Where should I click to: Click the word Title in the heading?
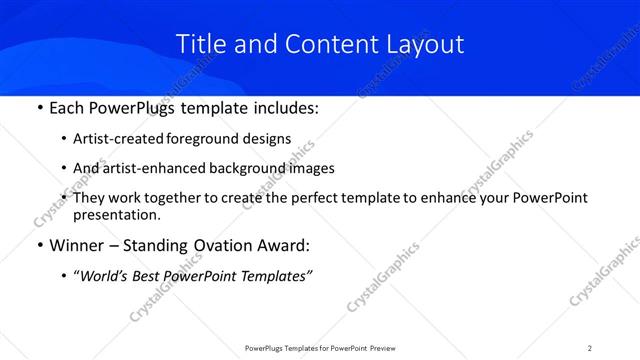199,44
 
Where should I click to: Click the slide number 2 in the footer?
590,347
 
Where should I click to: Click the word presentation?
116,214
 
